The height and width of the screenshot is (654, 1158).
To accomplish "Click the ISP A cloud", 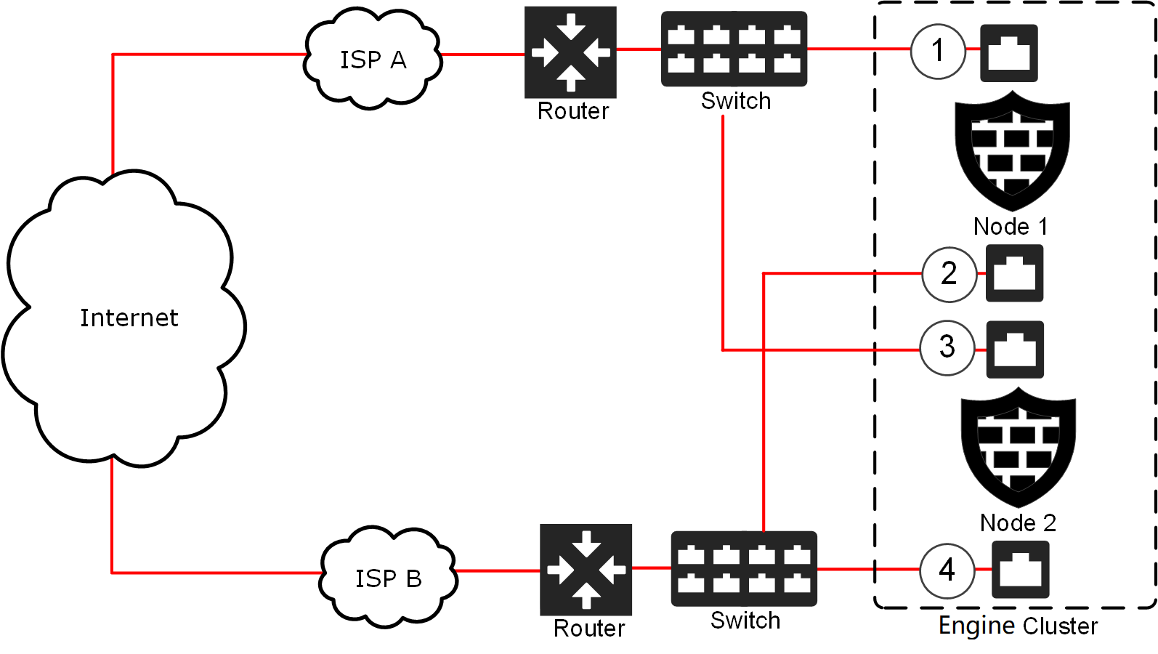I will (x=373, y=60).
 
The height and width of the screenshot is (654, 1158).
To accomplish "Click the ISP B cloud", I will (x=389, y=578).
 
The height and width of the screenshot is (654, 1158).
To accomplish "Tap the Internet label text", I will (x=129, y=318).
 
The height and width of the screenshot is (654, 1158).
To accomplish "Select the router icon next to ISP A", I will (x=570, y=52).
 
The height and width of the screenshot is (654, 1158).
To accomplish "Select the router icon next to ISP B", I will (x=586, y=570).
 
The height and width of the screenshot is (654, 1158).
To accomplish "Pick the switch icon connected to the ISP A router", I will (x=734, y=49).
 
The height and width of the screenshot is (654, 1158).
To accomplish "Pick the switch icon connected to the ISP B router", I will (x=744, y=569).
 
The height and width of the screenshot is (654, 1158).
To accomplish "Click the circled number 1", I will (x=938, y=51).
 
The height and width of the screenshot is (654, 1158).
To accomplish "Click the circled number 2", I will (x=949, y=274).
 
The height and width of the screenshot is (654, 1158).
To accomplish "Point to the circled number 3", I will (x=947, y=347).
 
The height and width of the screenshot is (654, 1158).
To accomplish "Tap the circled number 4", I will (x=947, y=570).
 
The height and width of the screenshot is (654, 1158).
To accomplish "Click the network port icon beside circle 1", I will (x=1009, y=53).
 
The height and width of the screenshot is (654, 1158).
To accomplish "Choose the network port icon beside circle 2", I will (x=1014, y=273).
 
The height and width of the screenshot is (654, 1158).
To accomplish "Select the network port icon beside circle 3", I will (x=1015, y=350).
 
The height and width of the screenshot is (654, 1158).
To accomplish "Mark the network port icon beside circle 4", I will (x=1020, y=570).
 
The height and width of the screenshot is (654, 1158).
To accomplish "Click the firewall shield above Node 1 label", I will (x=1012, y=150).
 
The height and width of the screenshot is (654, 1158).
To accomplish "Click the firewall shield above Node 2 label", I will (x=1018, y=447).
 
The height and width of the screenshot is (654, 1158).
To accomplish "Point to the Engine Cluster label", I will (x=1018, y=626).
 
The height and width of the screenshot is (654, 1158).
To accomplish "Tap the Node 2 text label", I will (x=1018, y=522).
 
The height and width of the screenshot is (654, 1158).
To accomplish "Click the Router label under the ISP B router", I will (x=588, y=629).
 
